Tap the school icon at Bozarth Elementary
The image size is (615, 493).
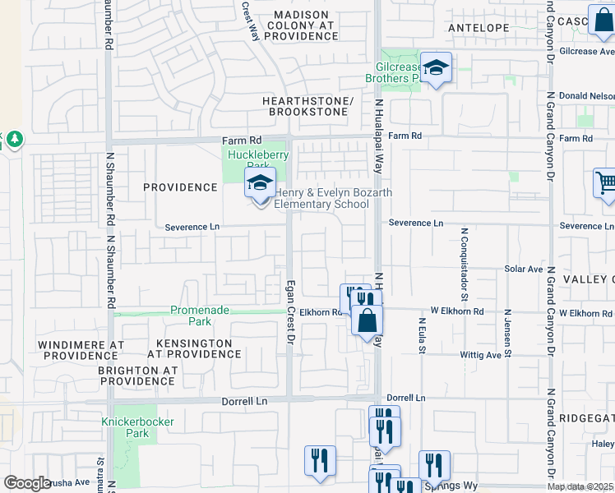tap(260, 185)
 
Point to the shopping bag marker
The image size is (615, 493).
tap(368, 319)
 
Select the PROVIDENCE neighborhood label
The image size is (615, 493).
tap(180, 187)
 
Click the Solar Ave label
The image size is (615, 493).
tap(524, 269)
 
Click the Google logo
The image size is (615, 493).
tap(27, 483)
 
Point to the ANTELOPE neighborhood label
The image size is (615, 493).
tap(479, 28)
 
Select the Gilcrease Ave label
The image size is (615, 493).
tap(585, 51)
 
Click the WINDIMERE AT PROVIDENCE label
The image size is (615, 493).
tap(81, 349)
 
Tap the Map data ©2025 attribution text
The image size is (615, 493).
tap(580, 486)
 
